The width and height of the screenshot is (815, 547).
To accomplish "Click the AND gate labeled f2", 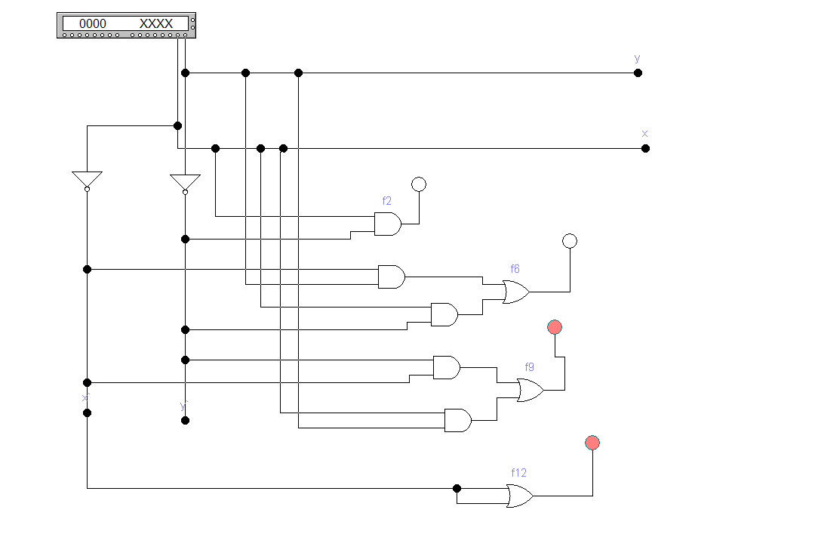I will click(387, 224).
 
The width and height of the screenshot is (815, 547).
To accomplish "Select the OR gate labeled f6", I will click(515, 292).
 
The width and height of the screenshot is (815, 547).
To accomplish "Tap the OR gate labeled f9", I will click(530, 390).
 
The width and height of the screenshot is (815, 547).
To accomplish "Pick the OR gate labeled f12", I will click(519, 496).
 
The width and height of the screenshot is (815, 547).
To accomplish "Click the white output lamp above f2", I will click(419, 184).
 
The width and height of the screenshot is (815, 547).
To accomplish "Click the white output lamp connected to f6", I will click(570, 241).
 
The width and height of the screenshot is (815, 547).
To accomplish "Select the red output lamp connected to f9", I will click(555, 327).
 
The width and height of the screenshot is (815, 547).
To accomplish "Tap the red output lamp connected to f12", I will click(592, 443).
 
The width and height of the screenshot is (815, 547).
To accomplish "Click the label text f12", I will click(519, 473).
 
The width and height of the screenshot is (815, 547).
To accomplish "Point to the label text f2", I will click(387, 201).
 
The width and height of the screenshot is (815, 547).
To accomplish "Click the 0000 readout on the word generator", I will click(93, 23).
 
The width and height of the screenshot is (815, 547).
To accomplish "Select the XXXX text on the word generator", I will click(156, 23).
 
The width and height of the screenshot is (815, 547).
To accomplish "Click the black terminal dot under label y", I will click(638, 73).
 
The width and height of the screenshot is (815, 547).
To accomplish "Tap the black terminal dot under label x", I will click(645, 148).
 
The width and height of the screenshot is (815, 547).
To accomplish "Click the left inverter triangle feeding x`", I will click(87, 180).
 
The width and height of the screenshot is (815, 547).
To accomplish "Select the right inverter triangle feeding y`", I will click(185, 183).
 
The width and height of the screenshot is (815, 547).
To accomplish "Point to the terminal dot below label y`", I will click(185, 420).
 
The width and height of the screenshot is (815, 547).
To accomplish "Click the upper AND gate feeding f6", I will click(391, 277).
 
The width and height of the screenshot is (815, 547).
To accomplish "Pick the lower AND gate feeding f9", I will click(457, 420).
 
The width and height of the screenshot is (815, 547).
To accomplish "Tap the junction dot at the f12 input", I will click(457, 488).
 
